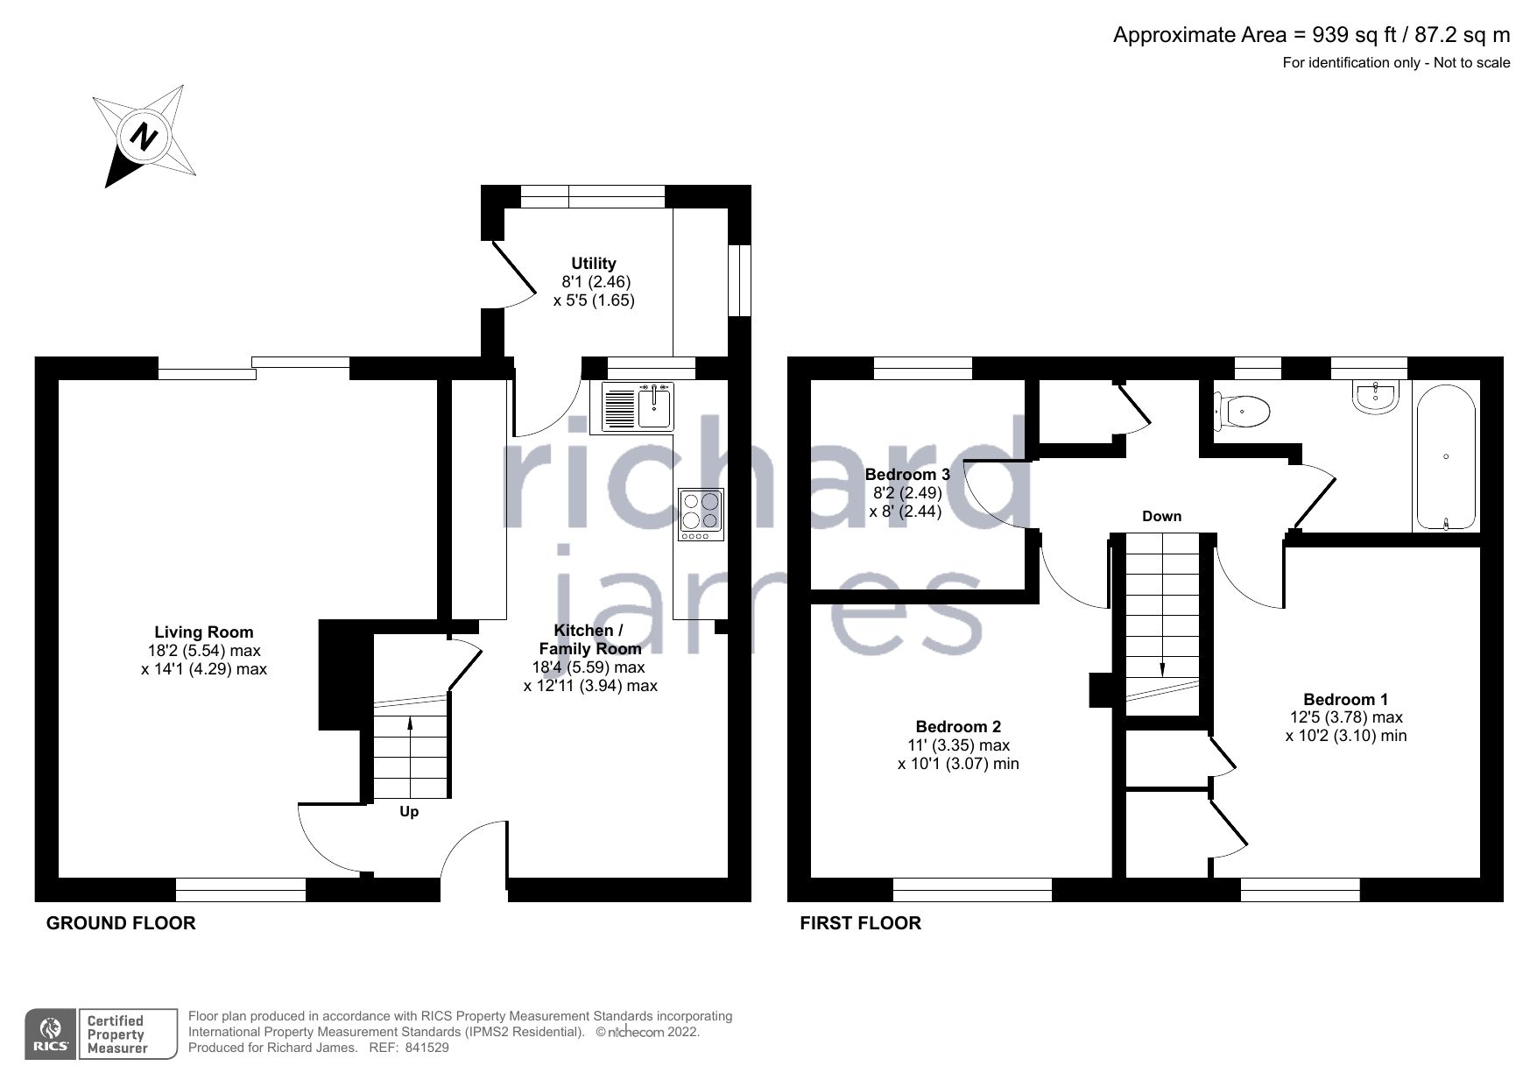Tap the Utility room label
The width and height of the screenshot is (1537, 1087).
tap(593, 263)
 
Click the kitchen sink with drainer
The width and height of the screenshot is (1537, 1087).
tap(637, 409)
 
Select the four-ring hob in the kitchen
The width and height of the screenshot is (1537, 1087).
tap(701, 513)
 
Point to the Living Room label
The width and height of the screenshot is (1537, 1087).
tap(204, 632)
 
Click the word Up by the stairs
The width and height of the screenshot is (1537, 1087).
tap(409, 812)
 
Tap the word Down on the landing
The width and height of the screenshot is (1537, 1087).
tap(1161, 516)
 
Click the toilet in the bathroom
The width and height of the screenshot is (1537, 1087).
tap(1244, 410)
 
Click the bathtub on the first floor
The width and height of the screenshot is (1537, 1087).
tap(1445, 456)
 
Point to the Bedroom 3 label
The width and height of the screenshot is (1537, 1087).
tap(907, 475)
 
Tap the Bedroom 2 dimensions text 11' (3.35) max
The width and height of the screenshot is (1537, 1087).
tap(958, 745)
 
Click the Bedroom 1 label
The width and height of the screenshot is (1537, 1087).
tap(1345, 699)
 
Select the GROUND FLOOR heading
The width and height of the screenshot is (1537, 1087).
tap(121, 923)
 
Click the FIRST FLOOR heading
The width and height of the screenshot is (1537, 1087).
tap(860, 923)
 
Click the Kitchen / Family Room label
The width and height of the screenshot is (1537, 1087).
tap(589, 639)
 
